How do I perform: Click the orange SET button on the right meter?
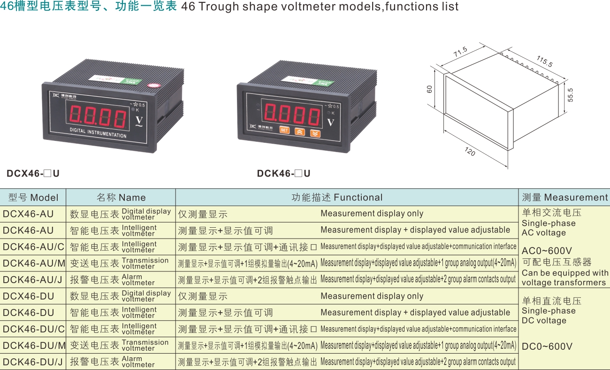pyautogui.click(x=284, y=130)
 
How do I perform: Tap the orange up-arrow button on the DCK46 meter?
pyautogui.click(x=299, y=132)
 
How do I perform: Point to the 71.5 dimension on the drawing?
pyautogui.click(x=460, y=52)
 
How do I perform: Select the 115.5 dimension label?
pyautogui.click(x=545, y=61)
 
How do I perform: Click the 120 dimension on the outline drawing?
pyautogui.click(x=470, y=152)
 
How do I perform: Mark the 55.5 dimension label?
pyautogui.click(x=570, y=95)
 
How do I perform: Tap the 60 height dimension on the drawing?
pyautogui.click(x=429, y=89)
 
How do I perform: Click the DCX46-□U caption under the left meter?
pyautogui.click(x=33, y=173)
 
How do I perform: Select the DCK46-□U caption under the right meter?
pyautogui.click(x=283, y=173)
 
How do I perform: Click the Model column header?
pyautogui.click(x=33, y=197)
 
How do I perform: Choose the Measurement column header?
pyautogui.click(x=565, y=197)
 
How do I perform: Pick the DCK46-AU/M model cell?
pyautogui.click(x=34, y=263)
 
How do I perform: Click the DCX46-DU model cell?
pyautogui.click(x=28, y=296)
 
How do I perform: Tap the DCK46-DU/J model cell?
pyautogui.click(x=33, y=362)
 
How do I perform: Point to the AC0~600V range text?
pyautogui.click(x=547, y=250)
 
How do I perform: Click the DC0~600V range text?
pyautogui.click(x=547, y=347)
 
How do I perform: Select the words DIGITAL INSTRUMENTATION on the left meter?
pyautogui.click(x=98, y=133)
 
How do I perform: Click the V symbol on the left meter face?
pyautogui.click(x=139, y=121)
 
